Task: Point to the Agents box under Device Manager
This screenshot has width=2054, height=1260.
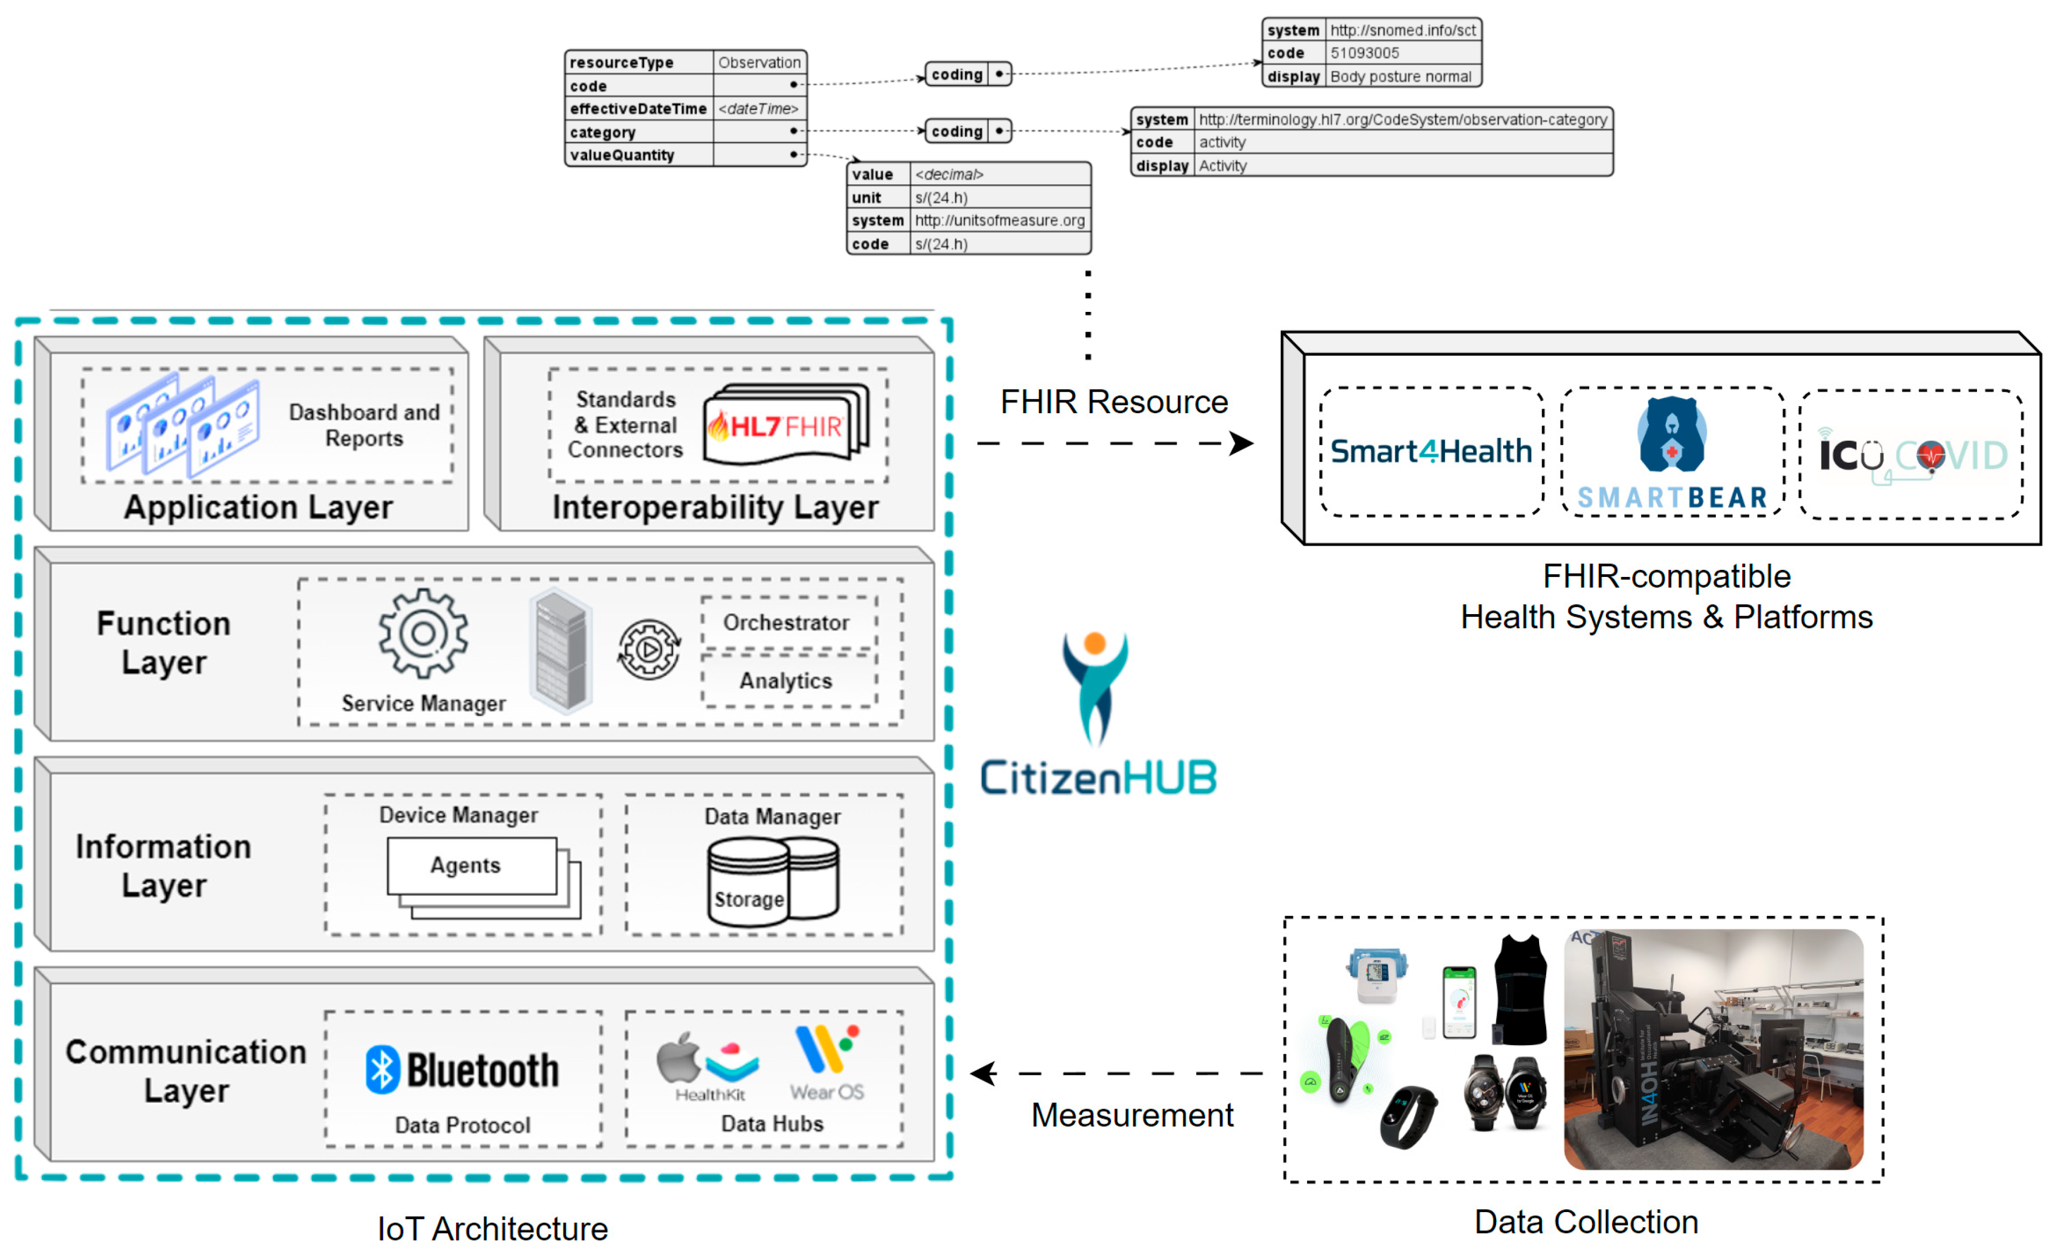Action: tap(471, 866)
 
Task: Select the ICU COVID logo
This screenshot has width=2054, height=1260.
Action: tap(1911, 455)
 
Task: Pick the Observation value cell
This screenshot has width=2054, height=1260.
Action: tap(759, 62)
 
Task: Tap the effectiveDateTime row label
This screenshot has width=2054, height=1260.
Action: tap(638, 108)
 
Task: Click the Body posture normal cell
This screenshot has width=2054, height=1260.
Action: tap(1400, 76)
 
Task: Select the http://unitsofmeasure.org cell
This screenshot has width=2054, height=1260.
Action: tap(1000, 220)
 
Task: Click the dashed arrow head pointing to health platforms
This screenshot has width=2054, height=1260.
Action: tap(1242, 444)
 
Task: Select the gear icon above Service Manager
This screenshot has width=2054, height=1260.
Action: tap(423, 633)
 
